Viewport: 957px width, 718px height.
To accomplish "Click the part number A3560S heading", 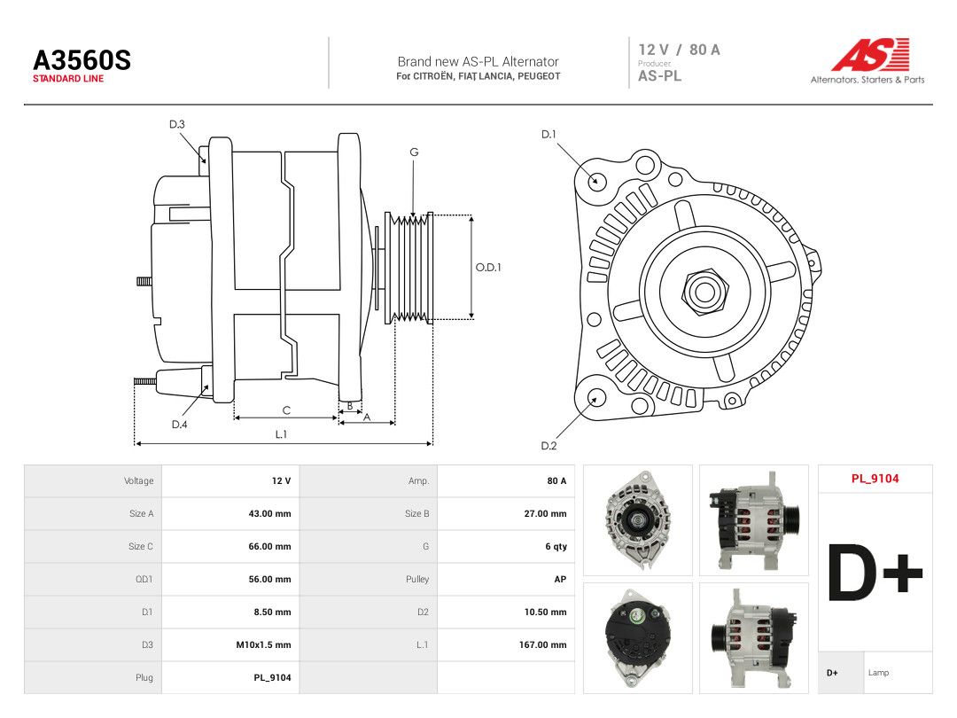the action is pos(82,60).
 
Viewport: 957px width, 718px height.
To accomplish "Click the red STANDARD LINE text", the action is pos(68,79).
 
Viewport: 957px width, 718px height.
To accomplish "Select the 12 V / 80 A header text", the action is pos(679,50).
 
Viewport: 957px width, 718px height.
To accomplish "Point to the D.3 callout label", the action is pos(177,125).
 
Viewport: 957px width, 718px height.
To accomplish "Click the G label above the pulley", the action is pos(414,152).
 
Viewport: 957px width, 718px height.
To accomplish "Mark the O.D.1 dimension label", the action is pos(488,268).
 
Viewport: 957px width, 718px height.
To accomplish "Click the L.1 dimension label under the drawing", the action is pos(281,434).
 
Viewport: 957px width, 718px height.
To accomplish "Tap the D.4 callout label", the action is pos(179,425).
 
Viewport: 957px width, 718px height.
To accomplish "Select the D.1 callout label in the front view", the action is pos(549,135).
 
